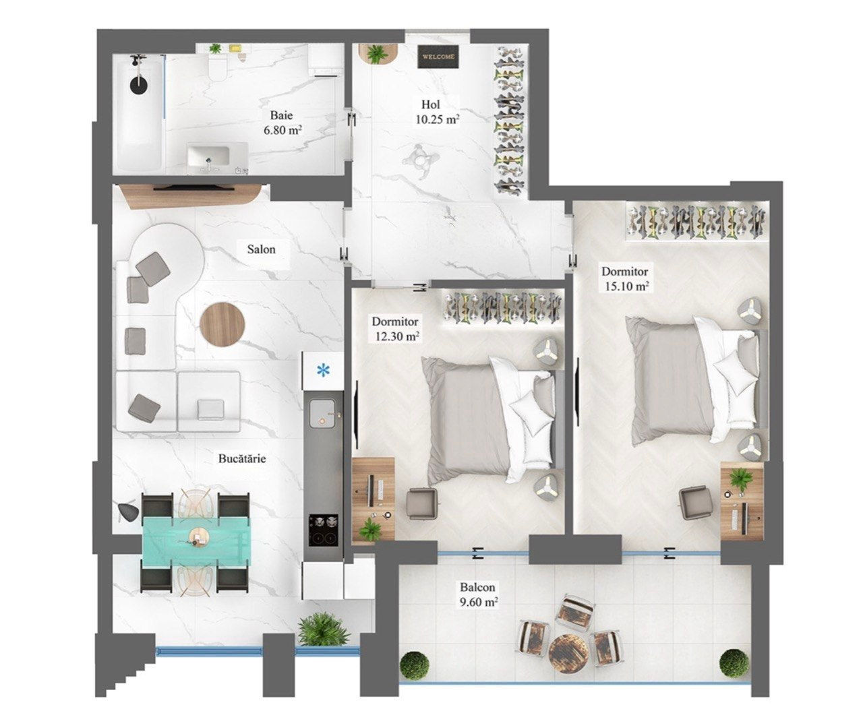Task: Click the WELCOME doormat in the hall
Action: click(x=438, y=57)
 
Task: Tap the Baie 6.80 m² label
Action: click(x=282, y=123)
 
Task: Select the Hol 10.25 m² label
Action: click(x=437, y=111)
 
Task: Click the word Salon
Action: click(x=261, y=249)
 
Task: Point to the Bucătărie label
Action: click(x=242, y=458)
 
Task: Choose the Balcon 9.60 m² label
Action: click(x=478, y=594)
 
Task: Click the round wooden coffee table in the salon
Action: click(x=222, y=324)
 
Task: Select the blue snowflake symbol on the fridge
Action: click(x=323, y=370)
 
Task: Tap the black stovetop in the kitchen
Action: click(x=323, y=530)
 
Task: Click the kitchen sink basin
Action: click(x=322, y=414)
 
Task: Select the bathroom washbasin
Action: click(x=208, y=159)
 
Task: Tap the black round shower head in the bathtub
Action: click(x=138, y=86)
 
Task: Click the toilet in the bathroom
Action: click(x=217, y=65)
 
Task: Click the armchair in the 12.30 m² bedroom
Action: click(x=422, y=503)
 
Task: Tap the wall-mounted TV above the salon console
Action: click(x=194, y=187)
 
